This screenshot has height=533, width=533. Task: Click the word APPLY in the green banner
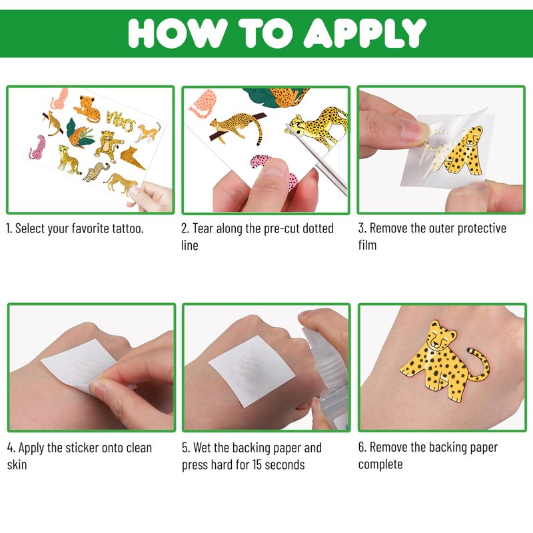click(364, 33)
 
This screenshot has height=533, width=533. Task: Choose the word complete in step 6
click(380, 464)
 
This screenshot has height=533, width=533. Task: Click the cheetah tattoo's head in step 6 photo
click(442, 336)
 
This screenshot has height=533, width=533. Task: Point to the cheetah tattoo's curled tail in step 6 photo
click(480, 364)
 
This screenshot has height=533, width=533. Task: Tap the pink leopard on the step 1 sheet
click(38, 147)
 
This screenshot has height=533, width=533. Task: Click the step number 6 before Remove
click(362, 447)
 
